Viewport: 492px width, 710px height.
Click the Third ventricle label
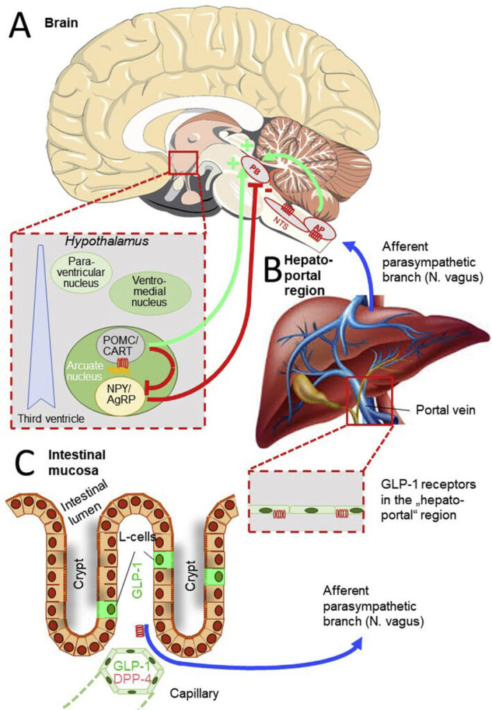pyautogui.click(x=49, y=420)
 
